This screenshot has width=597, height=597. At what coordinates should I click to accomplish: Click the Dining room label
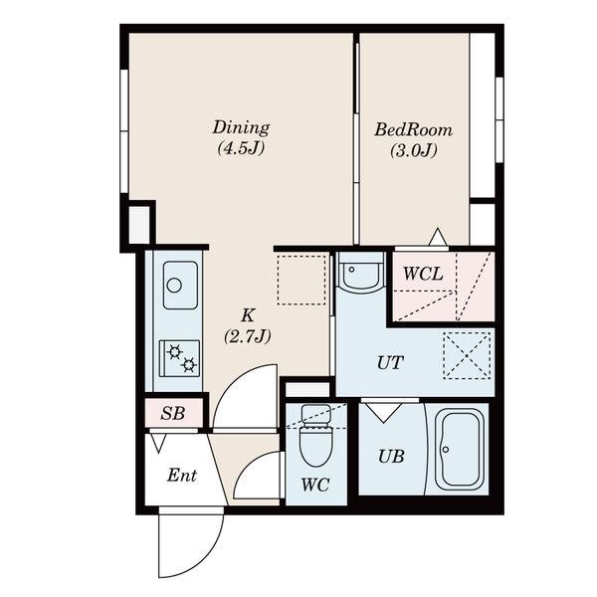[241, 127]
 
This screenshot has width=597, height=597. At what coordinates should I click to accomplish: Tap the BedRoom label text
[414, 129]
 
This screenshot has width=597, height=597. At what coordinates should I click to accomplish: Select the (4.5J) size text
[241, 148]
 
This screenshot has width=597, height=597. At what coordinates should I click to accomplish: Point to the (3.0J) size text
[414, 151]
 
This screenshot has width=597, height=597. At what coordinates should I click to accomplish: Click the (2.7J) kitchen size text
[248, 336]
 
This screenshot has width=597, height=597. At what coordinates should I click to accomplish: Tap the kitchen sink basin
[180, 286]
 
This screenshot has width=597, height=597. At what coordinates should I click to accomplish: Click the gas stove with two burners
[179, 358]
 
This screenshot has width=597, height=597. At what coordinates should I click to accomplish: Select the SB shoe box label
[173, 414]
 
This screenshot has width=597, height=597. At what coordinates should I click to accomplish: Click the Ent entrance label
[182, 476]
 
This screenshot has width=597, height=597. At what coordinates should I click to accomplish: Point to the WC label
[315, 486]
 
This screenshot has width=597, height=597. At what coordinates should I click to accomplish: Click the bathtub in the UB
[460, 450]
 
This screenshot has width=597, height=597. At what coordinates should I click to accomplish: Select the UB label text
[391, 456]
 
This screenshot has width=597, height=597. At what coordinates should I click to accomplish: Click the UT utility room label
[390, 363]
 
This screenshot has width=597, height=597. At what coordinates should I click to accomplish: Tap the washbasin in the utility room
[360, 273]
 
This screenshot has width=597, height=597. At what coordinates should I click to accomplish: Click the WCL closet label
[423, 274]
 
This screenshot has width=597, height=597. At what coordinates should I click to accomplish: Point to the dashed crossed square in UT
[467, 355]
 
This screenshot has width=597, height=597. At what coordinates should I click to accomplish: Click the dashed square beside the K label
[301, 280]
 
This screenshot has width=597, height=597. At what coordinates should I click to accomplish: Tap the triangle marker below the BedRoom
[438, 237]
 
